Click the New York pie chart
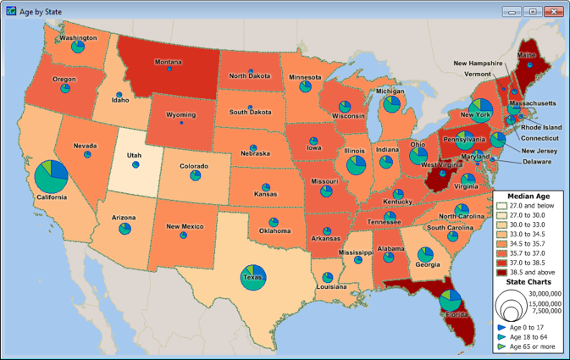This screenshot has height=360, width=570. (480, 111)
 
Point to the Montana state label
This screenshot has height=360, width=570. (168, 62)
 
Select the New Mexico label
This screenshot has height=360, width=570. (184, 226)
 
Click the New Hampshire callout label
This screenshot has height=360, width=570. (484, 63)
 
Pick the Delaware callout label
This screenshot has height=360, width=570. (536, 161)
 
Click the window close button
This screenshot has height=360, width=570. (554, 11)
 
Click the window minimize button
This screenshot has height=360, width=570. (512, 11)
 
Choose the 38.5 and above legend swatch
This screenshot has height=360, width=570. (501, 272)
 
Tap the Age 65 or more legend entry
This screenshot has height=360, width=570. (532, 346)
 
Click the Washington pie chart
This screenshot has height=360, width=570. (78, 47)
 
